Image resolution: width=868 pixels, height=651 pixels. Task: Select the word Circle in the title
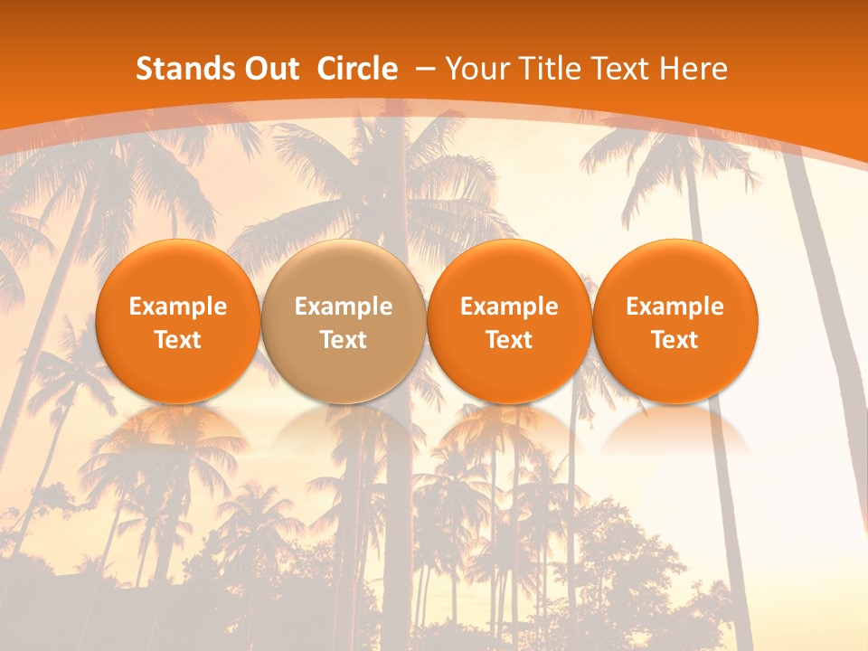pos(357,69)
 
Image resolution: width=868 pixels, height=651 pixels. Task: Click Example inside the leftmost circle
pos(178,307)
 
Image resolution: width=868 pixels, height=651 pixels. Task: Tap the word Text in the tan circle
pos(344,340)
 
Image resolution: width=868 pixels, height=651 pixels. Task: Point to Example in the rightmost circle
pos(675,307)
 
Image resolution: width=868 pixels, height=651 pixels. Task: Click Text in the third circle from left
pos(509,340)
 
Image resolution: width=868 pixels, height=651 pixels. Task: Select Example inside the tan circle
pos(344,307)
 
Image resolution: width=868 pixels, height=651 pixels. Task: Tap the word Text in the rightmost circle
pos(675,340)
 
